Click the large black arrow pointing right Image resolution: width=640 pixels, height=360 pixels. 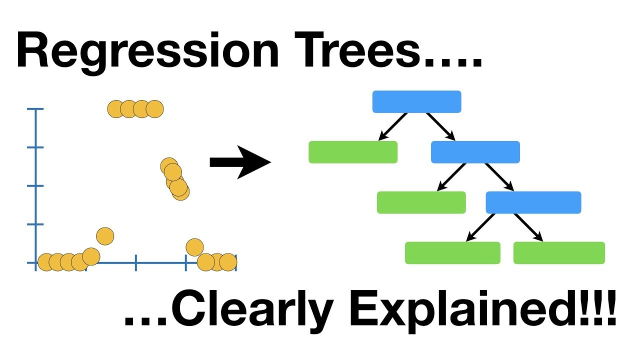240,162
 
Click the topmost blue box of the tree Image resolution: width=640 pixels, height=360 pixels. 416,101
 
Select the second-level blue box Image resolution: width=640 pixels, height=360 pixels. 475,152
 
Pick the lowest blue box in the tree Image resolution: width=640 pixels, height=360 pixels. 533,202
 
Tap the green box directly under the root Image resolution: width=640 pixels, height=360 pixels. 353,152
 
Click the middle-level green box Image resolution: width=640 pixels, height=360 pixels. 421,202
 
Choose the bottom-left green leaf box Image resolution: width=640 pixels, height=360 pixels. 452,253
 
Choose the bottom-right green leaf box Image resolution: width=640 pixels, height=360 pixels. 559,253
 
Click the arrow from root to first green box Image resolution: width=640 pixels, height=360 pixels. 392,126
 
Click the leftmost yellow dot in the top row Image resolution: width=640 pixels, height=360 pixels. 115,108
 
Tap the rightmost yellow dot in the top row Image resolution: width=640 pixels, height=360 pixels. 155,108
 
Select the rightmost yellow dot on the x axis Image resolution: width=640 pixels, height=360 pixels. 228,261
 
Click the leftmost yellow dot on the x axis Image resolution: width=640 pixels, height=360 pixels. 45,261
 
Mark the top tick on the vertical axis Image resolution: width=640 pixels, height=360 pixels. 35,109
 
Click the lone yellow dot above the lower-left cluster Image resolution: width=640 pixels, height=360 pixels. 105,235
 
